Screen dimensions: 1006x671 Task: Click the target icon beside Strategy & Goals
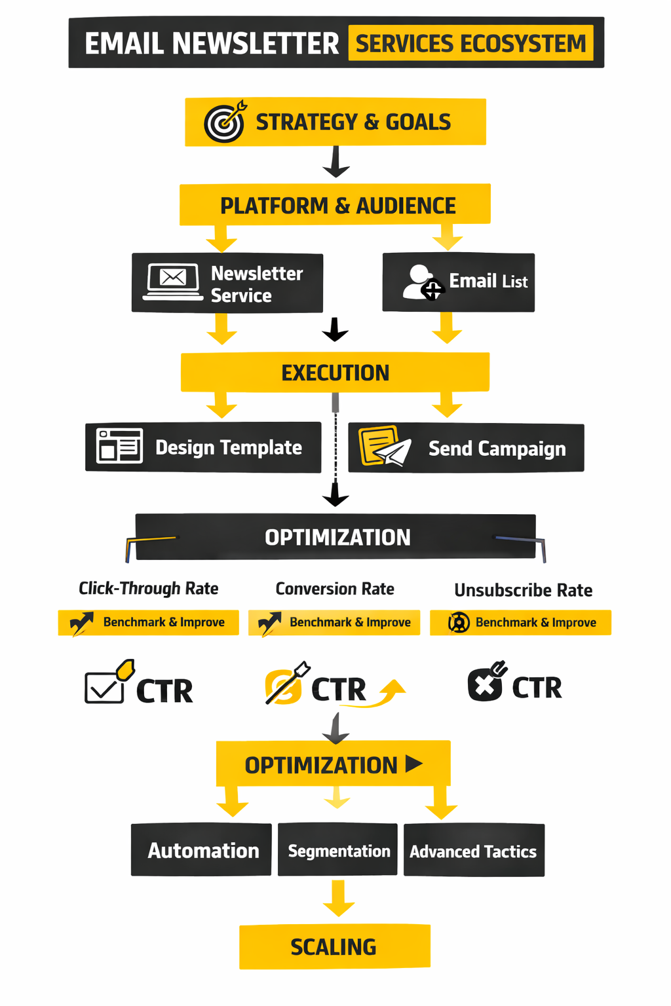click(225, 121)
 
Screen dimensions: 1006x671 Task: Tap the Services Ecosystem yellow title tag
click(470, 43)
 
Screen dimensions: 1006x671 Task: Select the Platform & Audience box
click(335, 205)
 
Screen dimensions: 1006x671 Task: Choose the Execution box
click(335, 372)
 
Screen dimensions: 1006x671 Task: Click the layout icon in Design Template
click(119, 446)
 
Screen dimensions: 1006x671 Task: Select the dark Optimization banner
click(335, 537)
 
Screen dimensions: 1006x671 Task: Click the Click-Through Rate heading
click(149, 588)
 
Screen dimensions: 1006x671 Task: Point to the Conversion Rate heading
click(335, 589)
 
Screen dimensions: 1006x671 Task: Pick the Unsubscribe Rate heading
click(523, 590)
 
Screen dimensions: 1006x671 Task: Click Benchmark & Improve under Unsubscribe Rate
click(521, 622)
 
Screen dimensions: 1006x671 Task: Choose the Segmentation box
click(338, 850)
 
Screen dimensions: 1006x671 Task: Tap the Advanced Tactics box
click(474, 851)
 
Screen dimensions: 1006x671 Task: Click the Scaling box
click(334, 946)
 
